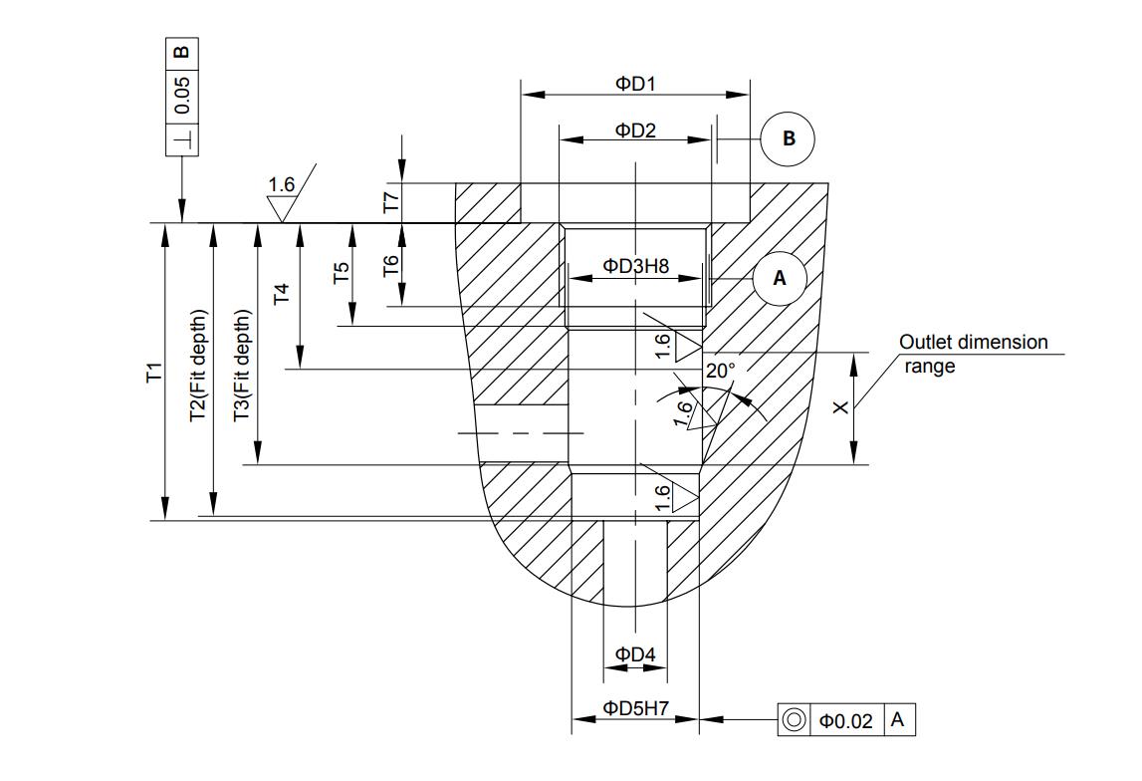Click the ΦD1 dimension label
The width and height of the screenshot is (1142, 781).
pos(635,84)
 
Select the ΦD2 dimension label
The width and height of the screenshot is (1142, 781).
pos(635,130)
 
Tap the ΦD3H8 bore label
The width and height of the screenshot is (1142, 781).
pos(635,266)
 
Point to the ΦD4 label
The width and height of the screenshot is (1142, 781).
pos(635,654)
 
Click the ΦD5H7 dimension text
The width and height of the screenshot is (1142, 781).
pos(635,707)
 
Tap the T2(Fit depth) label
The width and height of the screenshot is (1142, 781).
pos(198,366)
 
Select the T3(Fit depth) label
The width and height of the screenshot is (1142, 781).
pos(242,366)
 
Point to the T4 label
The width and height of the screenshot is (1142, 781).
pos(281,294)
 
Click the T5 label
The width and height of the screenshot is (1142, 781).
pos(341,273)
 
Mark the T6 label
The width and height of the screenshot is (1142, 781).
pos(391,265)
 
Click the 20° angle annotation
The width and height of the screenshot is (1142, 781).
pos(720,371)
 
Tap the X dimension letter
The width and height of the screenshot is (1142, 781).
pos(841,407)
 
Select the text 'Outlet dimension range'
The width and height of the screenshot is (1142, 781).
pos(973,354)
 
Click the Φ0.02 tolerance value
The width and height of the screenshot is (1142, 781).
pos(845,721)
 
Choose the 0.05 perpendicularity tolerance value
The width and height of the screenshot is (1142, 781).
pos(182,96)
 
